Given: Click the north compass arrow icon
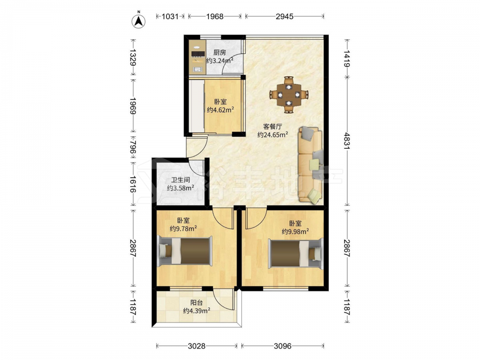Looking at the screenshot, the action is pos(138,21).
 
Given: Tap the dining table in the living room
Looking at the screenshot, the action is pos(288,95).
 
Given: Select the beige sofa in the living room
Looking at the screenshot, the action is pos(311,165).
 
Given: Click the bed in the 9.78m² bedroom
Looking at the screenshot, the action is pos(185,251).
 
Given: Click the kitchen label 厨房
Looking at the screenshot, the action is pos(219,53).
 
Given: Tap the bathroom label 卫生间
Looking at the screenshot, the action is pos(180,180).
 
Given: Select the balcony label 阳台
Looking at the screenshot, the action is pos(196,303).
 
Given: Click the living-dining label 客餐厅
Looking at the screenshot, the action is pos(273,126).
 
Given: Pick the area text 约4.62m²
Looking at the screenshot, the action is pos(220,109).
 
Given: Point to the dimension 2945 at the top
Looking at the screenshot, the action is pos(284,16).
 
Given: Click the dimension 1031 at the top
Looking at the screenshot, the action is pos(170,16).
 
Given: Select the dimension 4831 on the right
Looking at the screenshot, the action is pos(347,141).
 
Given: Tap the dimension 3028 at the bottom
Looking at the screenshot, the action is pos(196,346).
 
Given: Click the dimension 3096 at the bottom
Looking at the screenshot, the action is pos(283,346).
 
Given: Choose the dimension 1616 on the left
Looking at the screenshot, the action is pos(132,184).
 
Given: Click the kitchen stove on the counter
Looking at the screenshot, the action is pos(198,54).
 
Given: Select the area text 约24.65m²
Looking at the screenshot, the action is pos(273,135).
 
